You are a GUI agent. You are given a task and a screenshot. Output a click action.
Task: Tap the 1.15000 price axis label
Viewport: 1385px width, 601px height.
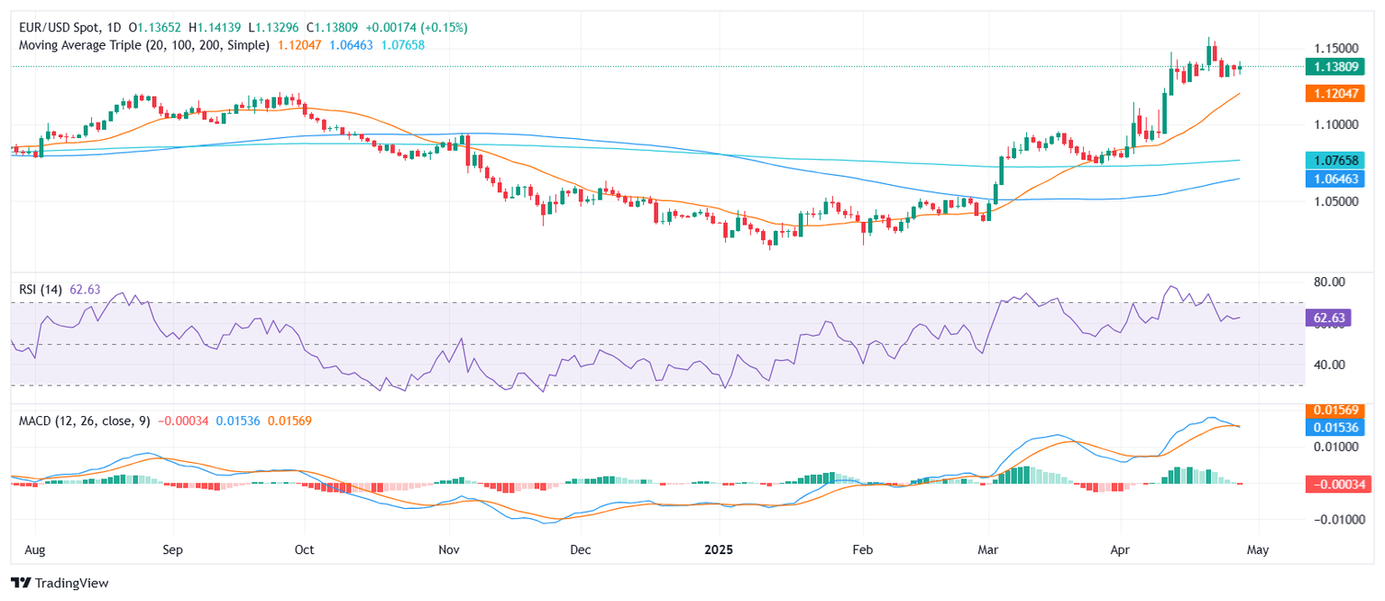coord(1331,48)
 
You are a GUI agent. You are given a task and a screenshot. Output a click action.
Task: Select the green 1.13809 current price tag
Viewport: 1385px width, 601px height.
coord(1334,66)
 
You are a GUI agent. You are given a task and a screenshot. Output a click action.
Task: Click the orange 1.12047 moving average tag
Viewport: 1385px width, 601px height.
coord(1334,93)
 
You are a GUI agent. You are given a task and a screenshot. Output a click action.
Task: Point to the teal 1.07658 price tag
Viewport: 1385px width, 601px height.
coord(1334,160)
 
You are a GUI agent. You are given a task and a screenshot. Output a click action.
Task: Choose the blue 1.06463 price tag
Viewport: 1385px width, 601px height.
coord(1334,179)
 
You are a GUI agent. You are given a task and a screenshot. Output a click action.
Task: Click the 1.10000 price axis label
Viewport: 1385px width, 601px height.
coord(1331,125)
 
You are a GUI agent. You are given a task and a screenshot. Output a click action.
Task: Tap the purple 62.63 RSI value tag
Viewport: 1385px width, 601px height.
coord(1328,318)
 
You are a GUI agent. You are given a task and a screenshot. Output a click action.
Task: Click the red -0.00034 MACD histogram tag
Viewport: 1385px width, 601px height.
coord(1334,485)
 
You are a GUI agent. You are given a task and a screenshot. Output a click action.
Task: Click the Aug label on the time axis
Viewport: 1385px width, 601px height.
coord(36,549)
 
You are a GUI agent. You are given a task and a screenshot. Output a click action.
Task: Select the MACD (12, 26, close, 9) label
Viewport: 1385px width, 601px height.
coord(83,421)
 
